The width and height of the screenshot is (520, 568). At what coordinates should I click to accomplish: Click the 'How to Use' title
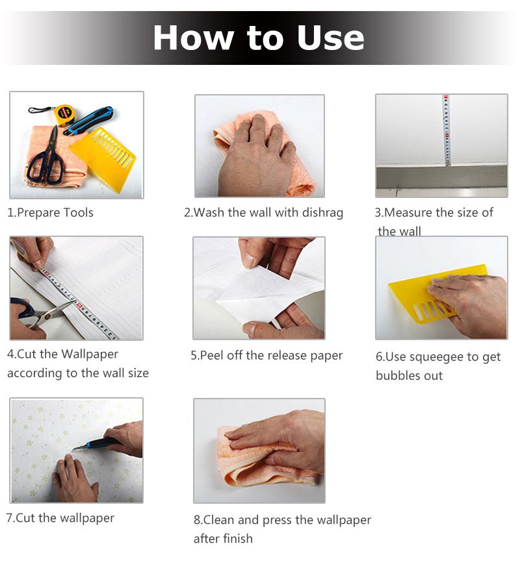click(259, 38)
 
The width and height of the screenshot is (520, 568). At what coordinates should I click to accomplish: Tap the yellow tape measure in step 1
click(64, 114)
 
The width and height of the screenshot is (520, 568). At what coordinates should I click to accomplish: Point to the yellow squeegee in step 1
click(103, 156)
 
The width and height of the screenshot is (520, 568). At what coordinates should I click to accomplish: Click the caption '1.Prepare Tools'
click(51, 212)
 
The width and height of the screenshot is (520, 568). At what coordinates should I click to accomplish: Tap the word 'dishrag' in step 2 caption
click(322, 213)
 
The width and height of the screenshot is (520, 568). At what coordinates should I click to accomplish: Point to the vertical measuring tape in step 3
click(447, 130)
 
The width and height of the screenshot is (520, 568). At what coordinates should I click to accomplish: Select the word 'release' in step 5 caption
click(280, 356)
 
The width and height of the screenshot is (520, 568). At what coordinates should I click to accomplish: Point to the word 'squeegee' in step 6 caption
click(437, 358)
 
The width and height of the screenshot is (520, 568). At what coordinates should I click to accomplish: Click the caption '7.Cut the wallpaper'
click(60, 518)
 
